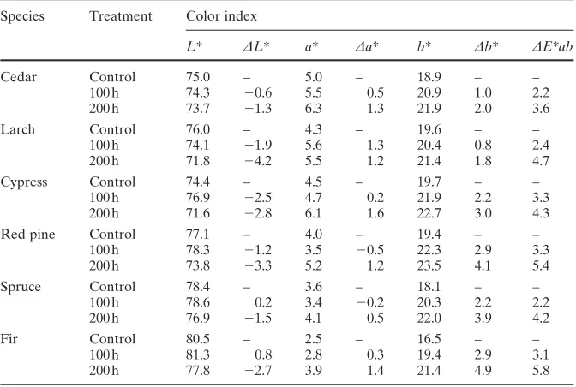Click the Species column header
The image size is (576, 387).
[x=22, y=16]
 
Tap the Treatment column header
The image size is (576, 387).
[x=121, y=15]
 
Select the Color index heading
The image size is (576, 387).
[x=221, y=15]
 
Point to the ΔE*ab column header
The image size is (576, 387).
[x=553, y=46]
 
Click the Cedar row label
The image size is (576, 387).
[x=18, y=77]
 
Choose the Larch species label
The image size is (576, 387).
[x=18, y=129]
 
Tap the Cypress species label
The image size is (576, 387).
[x=24, y=182]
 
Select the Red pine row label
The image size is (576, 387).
[x=27, y=235]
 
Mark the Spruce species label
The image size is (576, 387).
[x=21, y=287]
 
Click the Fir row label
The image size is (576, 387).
[x=9, y=339]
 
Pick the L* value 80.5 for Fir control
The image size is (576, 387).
[x=198, y=339]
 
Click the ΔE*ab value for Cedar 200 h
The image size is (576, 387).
[x=541, y=109]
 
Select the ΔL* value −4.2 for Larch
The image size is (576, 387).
[x=258, y=161]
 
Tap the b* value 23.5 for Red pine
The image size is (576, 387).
[x=429, y=265]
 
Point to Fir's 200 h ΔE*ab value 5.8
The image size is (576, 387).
[x=541, y=371]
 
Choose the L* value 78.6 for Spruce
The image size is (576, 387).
[x=198, y=302]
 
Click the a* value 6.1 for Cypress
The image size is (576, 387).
[x=314, y=213]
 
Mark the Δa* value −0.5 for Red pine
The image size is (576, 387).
[x=370, y=250]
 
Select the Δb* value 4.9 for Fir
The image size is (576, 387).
[x=483, y=371]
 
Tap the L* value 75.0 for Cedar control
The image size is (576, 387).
[x=198, y=77]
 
